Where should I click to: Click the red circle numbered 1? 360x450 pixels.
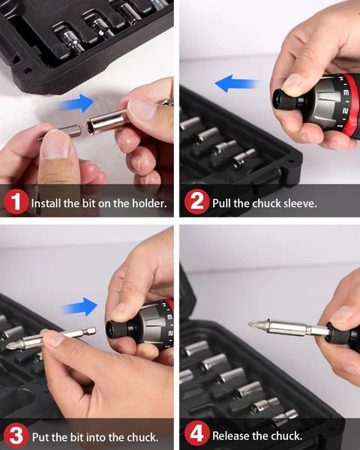[x=16, y=202]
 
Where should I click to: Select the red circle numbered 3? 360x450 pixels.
[x=16, y=436]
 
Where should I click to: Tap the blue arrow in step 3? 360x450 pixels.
[x=81, y=306]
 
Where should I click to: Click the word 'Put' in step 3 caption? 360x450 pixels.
[x=41, y=436]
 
